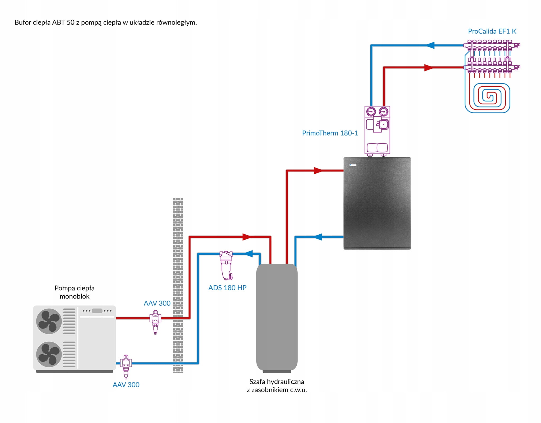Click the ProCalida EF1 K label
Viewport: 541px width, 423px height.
492,31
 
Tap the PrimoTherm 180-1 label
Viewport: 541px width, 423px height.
330,133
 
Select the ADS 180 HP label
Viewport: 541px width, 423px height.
227,288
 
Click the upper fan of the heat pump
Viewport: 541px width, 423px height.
49,321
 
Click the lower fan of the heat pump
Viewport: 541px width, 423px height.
49,354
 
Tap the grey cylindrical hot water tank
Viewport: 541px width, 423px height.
277,317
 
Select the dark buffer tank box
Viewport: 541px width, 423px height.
377,203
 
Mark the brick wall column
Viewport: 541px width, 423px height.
178,285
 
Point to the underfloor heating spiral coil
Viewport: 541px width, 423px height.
487,98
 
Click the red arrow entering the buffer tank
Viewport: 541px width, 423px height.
318,171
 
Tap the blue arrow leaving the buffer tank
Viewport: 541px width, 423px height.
318,237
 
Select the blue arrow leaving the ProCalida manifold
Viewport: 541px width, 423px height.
431,45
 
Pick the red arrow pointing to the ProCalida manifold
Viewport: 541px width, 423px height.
428,68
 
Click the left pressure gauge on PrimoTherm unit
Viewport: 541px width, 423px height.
371,112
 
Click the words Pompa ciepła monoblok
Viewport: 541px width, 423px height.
74,292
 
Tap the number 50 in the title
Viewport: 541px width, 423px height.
71,22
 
